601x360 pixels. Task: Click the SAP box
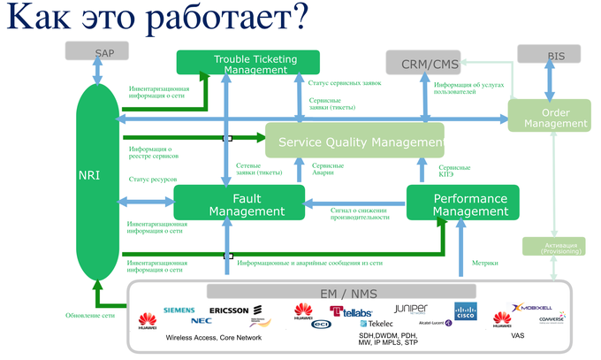click(104, 53)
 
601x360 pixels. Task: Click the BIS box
click(556, 56)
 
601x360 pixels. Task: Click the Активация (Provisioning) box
click(554, 248)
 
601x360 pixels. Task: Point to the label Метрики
click(484, 263)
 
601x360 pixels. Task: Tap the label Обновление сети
click(90, 315)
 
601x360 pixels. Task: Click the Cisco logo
click(466, 310)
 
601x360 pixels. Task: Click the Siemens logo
click(179, 310)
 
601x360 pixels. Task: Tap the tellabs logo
click(351, 310)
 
